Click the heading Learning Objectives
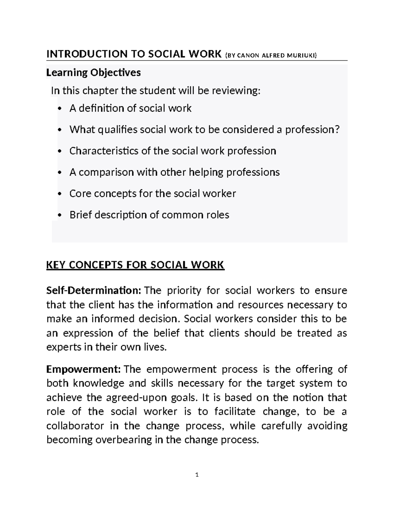[94, 72]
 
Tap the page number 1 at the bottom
[197, 475]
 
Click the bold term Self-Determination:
[94, 291]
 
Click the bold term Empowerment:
[84, 369]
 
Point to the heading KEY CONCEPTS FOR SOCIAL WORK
[135, 265]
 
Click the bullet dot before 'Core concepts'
[59, 194]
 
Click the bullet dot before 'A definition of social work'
[59, 108]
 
